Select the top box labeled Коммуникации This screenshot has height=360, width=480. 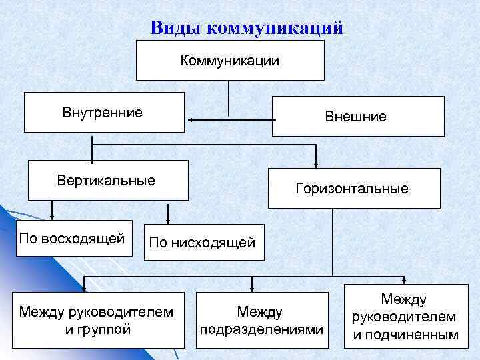pos(230,61)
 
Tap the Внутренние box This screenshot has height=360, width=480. pos(104,112)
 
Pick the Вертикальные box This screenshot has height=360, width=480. pos(107,180)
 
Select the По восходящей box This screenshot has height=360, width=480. pos(72,238)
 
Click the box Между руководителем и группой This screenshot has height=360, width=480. pos(98,320)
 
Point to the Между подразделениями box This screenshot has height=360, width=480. pos(261,320)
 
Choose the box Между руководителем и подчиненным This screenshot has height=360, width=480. pos(404,317)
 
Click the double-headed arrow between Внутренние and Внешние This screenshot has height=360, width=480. pos(231,120)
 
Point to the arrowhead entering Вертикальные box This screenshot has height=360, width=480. pos(93,158)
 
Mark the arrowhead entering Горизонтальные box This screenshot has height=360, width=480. pos(316,164)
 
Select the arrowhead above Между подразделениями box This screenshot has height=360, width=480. pos(251,287)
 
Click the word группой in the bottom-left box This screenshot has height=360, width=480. pos(107,329)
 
